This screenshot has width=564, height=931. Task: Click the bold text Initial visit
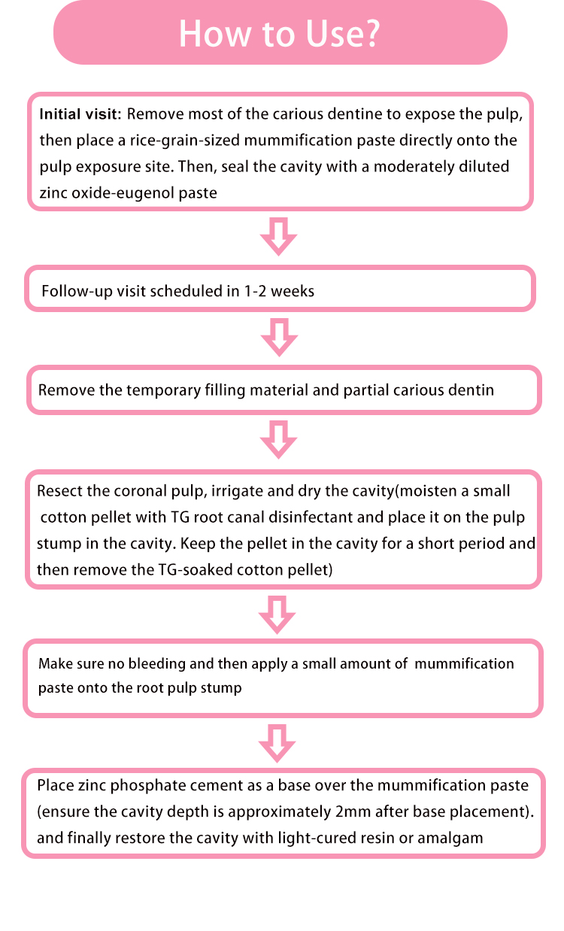(x=80, y=114)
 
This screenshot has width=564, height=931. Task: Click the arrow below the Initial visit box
(x=278, y=236)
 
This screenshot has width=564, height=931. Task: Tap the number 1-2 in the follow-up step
(x=255, y=291)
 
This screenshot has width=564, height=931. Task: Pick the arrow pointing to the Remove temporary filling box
(x=279, y=337)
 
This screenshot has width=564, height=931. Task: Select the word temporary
(x=163, y=391)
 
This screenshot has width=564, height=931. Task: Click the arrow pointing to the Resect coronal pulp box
(x=278, y=439)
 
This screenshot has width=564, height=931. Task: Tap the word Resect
(x=60, y=491)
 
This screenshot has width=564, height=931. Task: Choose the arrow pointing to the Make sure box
(x=277, y=614)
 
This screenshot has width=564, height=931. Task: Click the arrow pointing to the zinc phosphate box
(x=277, y=744)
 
